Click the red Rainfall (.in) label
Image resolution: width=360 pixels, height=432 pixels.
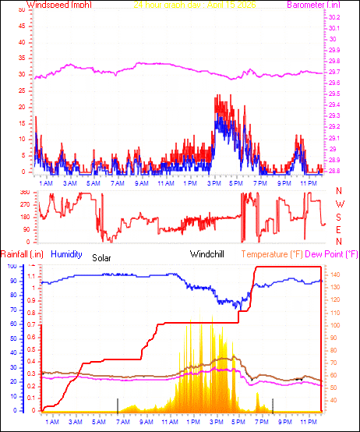21,254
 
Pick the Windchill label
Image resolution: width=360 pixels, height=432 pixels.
208,254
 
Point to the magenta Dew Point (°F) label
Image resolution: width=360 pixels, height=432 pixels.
331,254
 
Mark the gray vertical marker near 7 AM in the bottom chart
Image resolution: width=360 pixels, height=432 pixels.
118,405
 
